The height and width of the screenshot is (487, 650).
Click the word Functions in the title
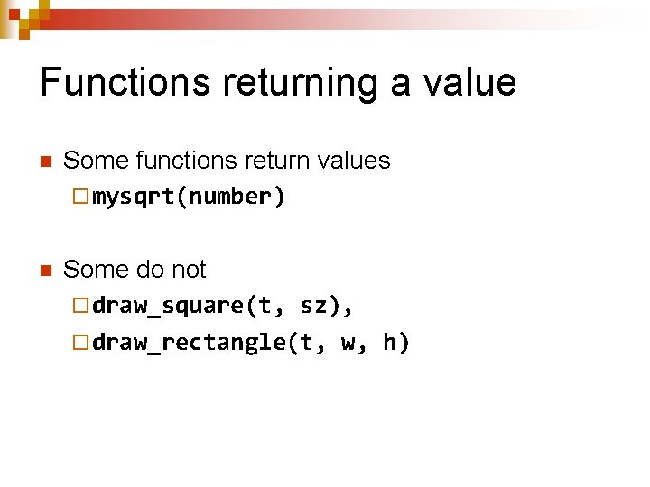pyautogui.click(x=112, y=82)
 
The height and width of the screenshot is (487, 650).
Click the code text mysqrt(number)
pyautogui.click(x=189, y=198)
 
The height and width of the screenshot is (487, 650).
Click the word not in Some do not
pyautogui.click(x=188, y=270)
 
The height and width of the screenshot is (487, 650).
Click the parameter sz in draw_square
pyautogui.click(x=312, y=306)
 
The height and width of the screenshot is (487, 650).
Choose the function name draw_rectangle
pyautogui.click(x=189, y=344)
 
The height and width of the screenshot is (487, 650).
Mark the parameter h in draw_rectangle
pyautogui.click(x=390, y=344)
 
